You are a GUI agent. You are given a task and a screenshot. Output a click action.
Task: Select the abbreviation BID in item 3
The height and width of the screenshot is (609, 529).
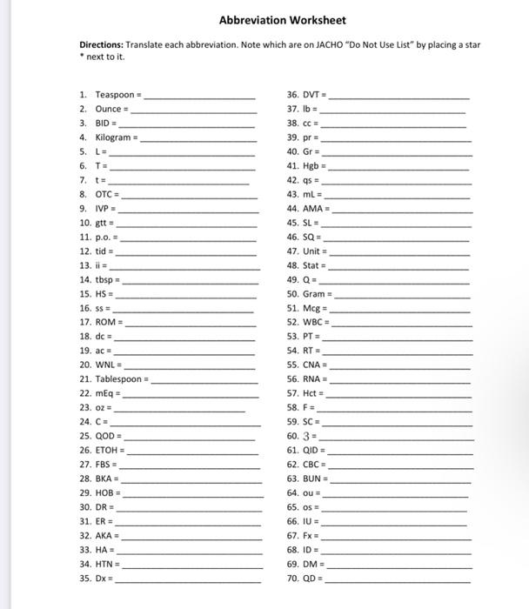104,124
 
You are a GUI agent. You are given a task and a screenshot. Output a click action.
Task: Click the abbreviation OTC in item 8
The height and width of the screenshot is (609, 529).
105,196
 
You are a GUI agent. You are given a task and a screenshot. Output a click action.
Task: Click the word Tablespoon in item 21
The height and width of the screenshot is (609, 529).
119,379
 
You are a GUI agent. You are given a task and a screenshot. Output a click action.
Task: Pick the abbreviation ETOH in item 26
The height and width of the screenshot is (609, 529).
107,450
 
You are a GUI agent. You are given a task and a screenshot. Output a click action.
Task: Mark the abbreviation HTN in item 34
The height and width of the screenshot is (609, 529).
105,563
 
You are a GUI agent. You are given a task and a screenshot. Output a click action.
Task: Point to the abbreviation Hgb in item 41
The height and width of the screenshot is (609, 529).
311,166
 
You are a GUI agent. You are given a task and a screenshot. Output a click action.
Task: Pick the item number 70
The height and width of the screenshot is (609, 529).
292,577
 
